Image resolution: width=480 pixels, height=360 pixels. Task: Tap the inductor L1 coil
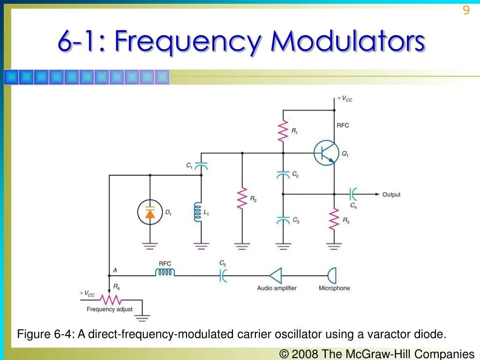198,212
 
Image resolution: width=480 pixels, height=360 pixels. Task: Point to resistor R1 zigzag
283,132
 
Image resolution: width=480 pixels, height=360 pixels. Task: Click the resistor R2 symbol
242,198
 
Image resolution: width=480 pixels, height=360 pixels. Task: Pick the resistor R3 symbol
334,219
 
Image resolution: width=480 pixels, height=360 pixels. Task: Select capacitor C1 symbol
201,166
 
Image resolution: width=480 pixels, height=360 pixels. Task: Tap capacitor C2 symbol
283,174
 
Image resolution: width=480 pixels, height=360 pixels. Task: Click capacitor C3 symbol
283,220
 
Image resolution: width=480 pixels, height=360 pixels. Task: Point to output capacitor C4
353,194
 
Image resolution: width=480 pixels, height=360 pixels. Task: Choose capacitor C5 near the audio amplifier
223,276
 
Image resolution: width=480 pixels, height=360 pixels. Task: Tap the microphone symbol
332,276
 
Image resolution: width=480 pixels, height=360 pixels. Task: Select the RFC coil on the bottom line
165,272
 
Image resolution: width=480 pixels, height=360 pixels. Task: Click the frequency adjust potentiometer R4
112,299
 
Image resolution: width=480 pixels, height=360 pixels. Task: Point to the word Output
391,195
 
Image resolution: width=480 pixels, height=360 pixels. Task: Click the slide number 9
466,10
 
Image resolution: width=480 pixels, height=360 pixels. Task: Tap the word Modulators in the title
347,42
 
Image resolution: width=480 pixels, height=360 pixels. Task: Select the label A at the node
115,270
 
